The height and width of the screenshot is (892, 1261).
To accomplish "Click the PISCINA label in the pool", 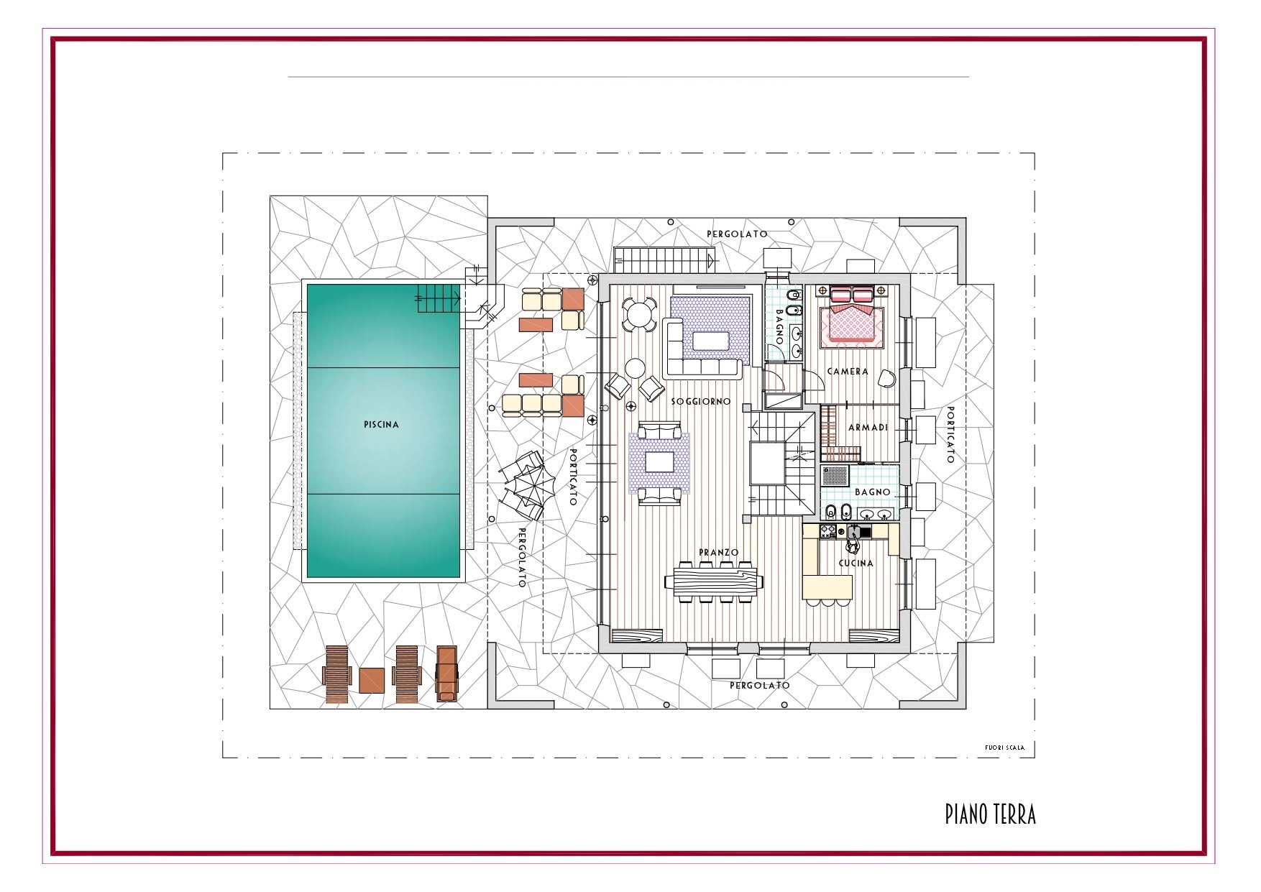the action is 381,425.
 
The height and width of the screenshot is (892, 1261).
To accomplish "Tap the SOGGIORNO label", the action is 701,401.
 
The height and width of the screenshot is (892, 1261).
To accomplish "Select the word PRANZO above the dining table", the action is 719,553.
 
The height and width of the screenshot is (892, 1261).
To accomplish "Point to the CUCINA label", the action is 856,564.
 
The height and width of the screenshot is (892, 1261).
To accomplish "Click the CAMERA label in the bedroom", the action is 848,372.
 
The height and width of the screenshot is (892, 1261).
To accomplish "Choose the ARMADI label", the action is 868,428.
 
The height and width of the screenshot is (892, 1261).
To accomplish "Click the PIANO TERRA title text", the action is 990,814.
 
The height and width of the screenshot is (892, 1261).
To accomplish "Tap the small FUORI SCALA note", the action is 1004,748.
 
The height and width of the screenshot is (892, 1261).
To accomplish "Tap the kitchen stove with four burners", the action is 827,531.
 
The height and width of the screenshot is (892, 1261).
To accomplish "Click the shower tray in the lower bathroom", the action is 835,476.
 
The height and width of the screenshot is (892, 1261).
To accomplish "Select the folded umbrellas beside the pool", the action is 524,486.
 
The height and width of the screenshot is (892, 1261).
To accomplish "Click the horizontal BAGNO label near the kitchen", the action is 873,492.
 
